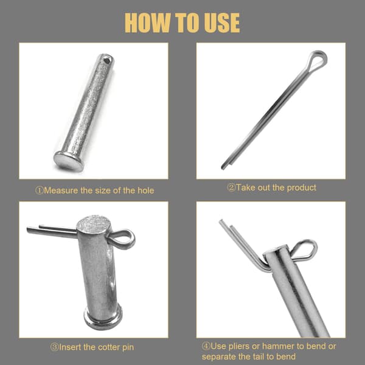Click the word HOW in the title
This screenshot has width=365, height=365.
(x=148, y=23)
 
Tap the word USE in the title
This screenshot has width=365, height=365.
(x=222, y=23)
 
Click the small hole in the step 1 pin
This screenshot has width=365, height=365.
(x=107, y=61)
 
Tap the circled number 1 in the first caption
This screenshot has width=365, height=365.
(x=40, y=190)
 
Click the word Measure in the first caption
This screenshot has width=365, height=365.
(x=61, y=190)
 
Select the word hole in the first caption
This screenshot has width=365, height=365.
(x=146, y=190)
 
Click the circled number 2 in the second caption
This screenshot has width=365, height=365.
(x=231, y=187)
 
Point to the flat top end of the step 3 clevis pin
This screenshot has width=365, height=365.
(x=94, y=224)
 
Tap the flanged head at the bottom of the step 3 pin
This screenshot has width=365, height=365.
(x=103, y=317)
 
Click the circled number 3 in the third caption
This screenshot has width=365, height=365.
(x=55, y=347)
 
